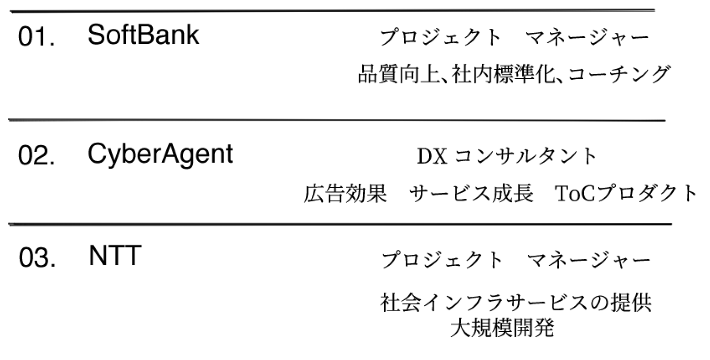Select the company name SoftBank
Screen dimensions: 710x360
(143, 35)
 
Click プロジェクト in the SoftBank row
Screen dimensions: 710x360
(441, 38)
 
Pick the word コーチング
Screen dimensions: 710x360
(618, 74)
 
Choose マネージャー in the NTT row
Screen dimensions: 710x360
(588, 260)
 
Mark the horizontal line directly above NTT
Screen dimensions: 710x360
(339, 224)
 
